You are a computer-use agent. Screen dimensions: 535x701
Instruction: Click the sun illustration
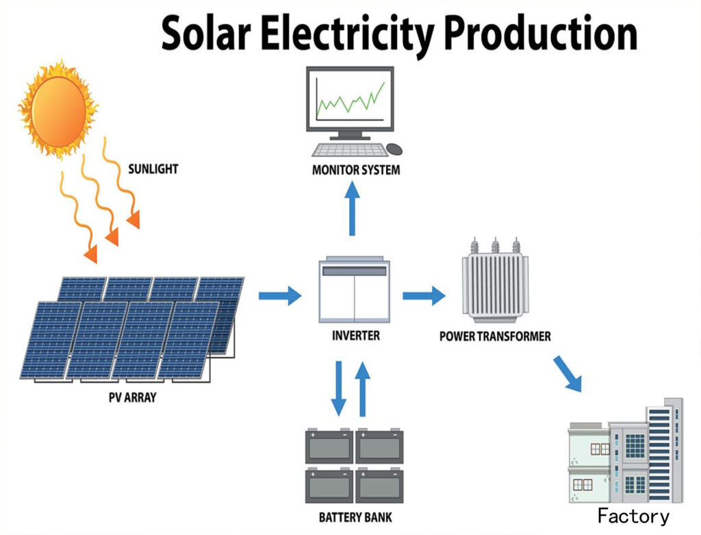(x=59, y=108)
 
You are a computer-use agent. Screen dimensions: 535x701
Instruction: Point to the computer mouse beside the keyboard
(x=395, y=148)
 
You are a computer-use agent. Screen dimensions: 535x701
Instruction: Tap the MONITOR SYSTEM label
(x=355, y=169)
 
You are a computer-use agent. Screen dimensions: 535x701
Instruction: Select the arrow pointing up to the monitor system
(x=352, y=208)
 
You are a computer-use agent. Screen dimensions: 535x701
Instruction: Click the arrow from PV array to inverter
(x=279, y=296)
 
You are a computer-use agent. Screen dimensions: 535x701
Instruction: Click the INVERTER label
(x=355, y=336)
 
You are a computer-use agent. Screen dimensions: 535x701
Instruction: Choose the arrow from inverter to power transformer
(x=423, y=296)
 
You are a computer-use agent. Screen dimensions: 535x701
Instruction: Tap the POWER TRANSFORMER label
(x=494, y=336)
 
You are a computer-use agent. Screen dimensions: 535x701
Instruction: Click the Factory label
(x=633, y=516)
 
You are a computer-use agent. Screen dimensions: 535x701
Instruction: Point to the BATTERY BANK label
(x=355, y=517)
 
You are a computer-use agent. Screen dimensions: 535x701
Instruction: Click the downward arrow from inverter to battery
(x=339, y=388)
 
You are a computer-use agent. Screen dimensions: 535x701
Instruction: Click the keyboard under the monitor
(x=347, y=149)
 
